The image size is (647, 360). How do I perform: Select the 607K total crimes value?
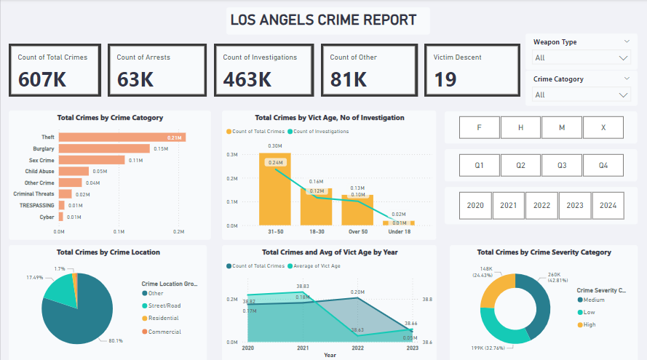(42, 79)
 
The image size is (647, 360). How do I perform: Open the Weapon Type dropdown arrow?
(624, 58)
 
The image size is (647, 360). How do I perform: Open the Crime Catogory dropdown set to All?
(581, 95)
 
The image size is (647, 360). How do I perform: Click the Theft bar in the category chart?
(122, 137)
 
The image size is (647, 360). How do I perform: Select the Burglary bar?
(104, 148)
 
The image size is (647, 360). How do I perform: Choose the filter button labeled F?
(479, 127)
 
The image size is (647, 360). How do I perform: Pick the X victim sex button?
(603, 127)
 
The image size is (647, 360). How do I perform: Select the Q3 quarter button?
(562, 165)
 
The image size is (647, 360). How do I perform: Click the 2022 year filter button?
(541, 205)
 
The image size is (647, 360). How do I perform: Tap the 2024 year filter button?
(608, 205)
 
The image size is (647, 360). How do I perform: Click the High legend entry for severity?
(589, 324)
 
